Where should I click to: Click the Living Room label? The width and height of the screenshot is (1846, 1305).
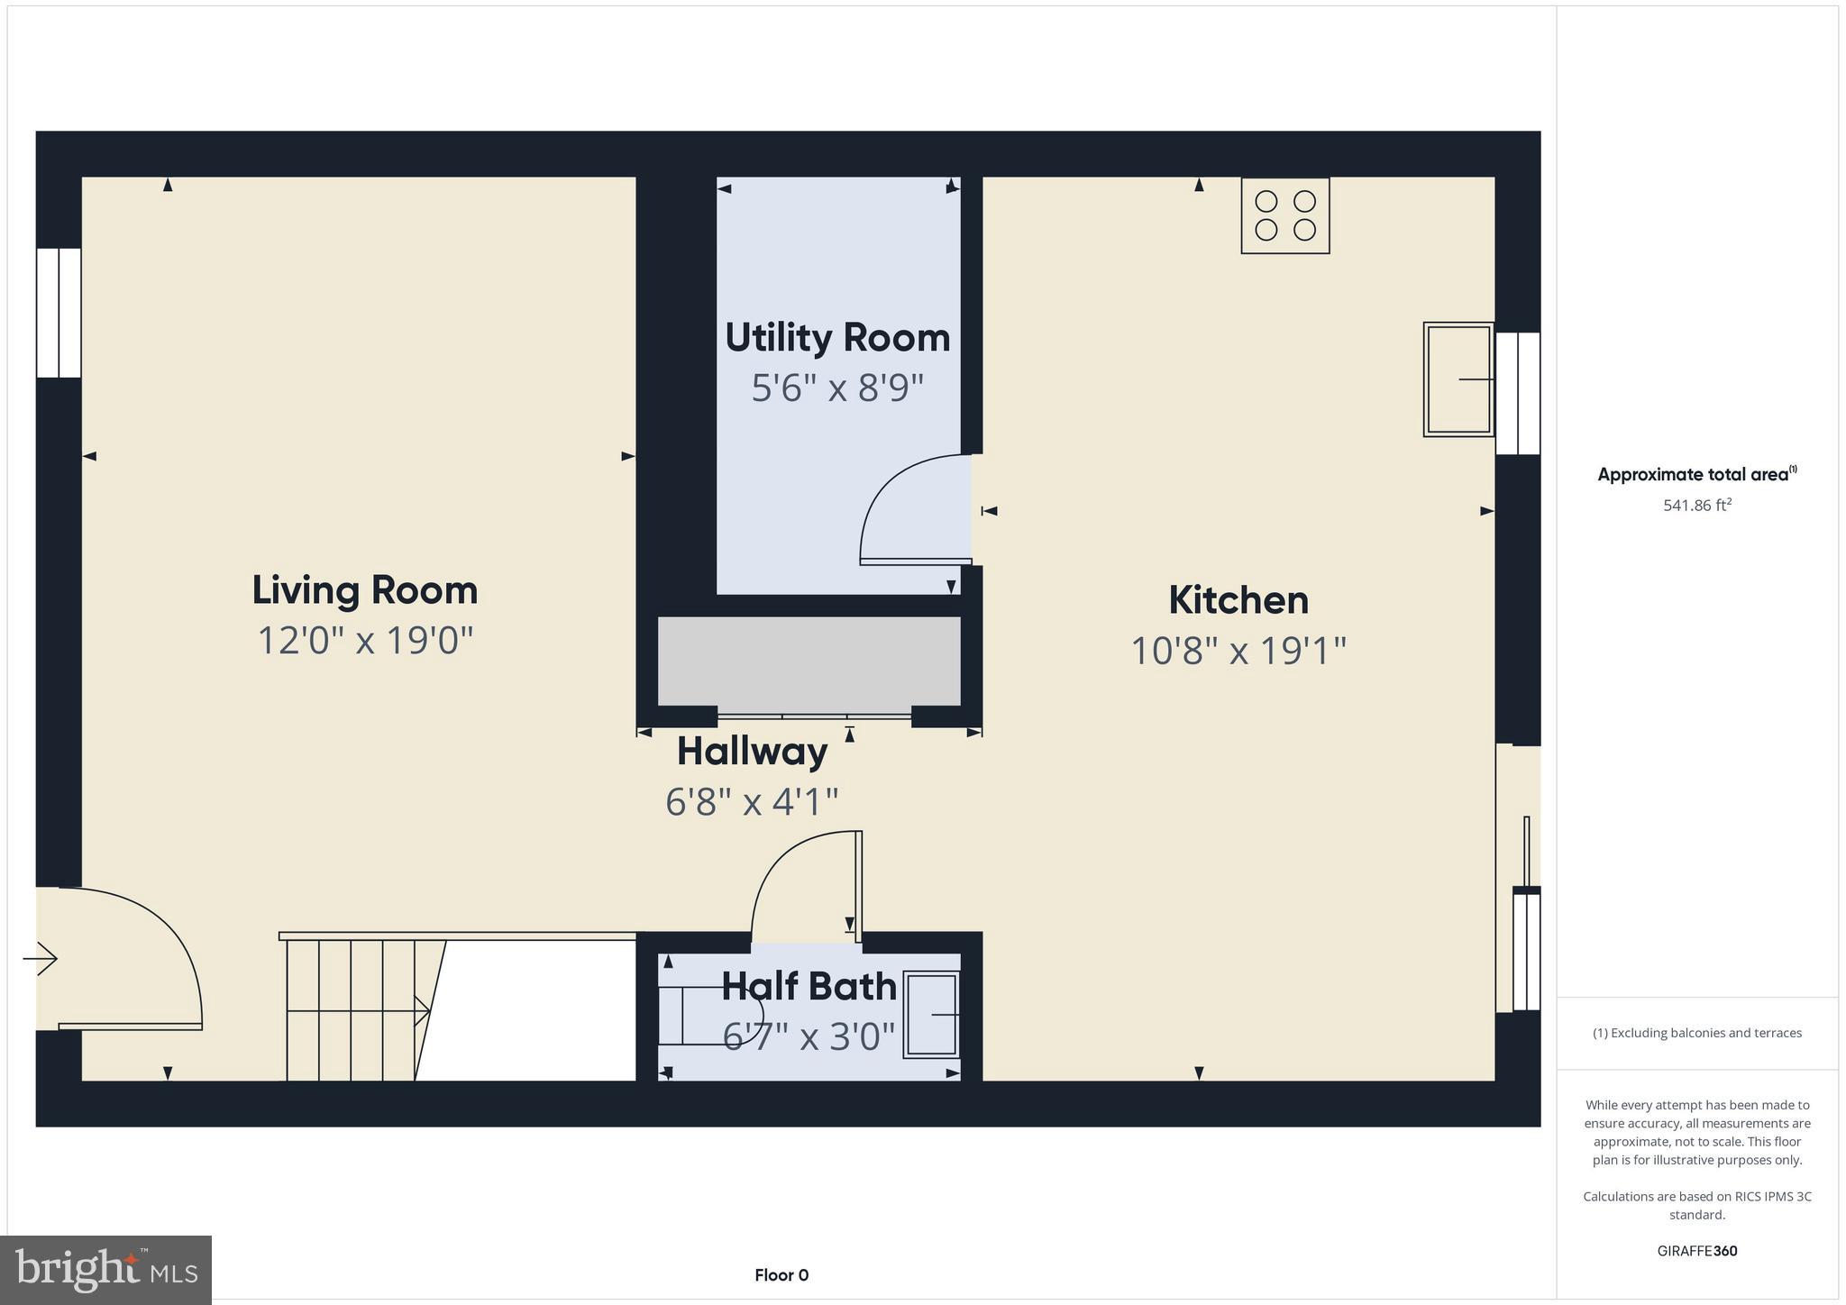[364, 590]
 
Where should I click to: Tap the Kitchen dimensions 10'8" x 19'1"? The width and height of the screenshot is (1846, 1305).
[1238, 651]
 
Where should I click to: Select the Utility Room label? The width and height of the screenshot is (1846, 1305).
[837, 338]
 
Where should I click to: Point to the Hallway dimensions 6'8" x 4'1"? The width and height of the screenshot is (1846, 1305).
[752, 801]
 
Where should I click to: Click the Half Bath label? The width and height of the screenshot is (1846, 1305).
[809, 987]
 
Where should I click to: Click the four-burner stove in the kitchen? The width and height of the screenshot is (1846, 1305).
[1284, 215]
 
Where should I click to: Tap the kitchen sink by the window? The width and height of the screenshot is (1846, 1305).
[1458, 379]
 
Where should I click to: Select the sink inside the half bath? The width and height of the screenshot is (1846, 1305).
[931, 1014]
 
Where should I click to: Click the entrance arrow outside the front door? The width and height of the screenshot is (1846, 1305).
[41, 958]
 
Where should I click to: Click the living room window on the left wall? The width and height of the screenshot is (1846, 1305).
[59, 313]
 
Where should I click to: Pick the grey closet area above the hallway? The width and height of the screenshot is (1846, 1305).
[809, 661]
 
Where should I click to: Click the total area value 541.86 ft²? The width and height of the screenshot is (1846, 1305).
[1696, 506]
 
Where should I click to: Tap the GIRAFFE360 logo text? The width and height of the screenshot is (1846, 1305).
[1696, 1251]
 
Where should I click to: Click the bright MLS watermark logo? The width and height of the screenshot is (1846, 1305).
[105, 1270]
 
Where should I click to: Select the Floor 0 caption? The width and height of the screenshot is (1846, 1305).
[781, 1275]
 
